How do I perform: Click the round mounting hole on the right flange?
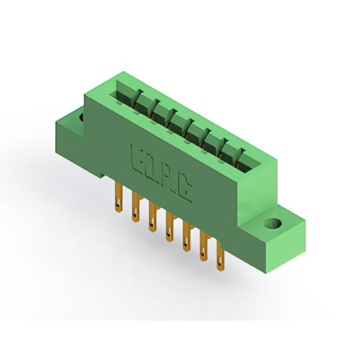click(x=273, y=224)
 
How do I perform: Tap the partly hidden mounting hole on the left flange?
click(x=82, y=117)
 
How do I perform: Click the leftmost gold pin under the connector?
click(x=119, y=197)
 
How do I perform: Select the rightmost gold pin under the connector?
click(x=220, y=256)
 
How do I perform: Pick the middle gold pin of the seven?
click(x=169, y=227)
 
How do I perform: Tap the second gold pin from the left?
click(x=136, y=208)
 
